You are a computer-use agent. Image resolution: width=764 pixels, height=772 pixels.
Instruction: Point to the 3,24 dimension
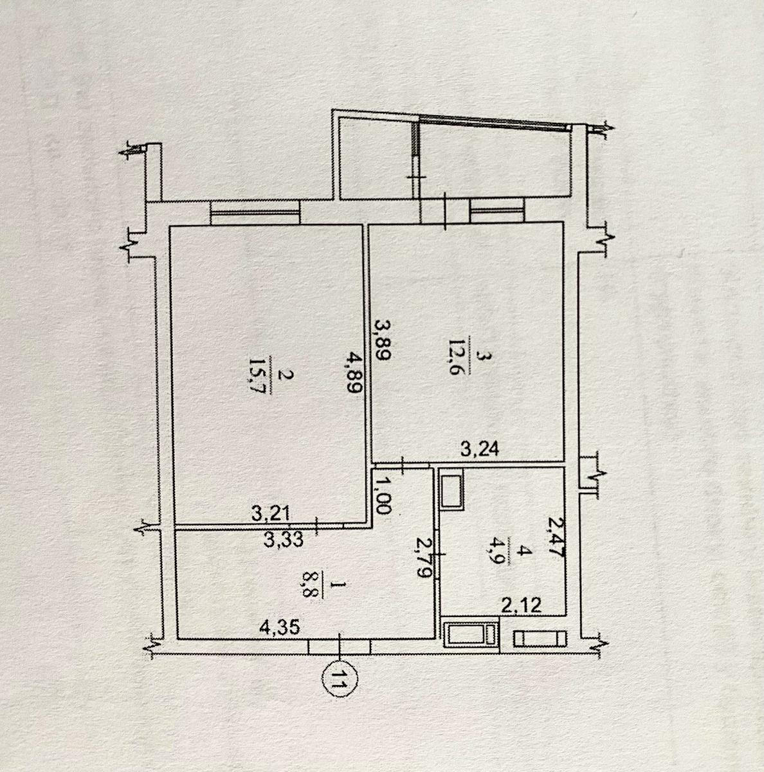tap(479, 449)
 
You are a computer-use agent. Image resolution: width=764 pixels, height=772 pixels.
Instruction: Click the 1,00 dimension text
tap(382, 497)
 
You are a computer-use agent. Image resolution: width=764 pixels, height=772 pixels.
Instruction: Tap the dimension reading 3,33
tap(284, 539)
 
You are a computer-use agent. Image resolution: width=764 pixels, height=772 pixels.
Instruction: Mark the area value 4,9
tap(500, 554)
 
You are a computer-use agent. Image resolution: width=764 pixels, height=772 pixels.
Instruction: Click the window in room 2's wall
tap(255, 212)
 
